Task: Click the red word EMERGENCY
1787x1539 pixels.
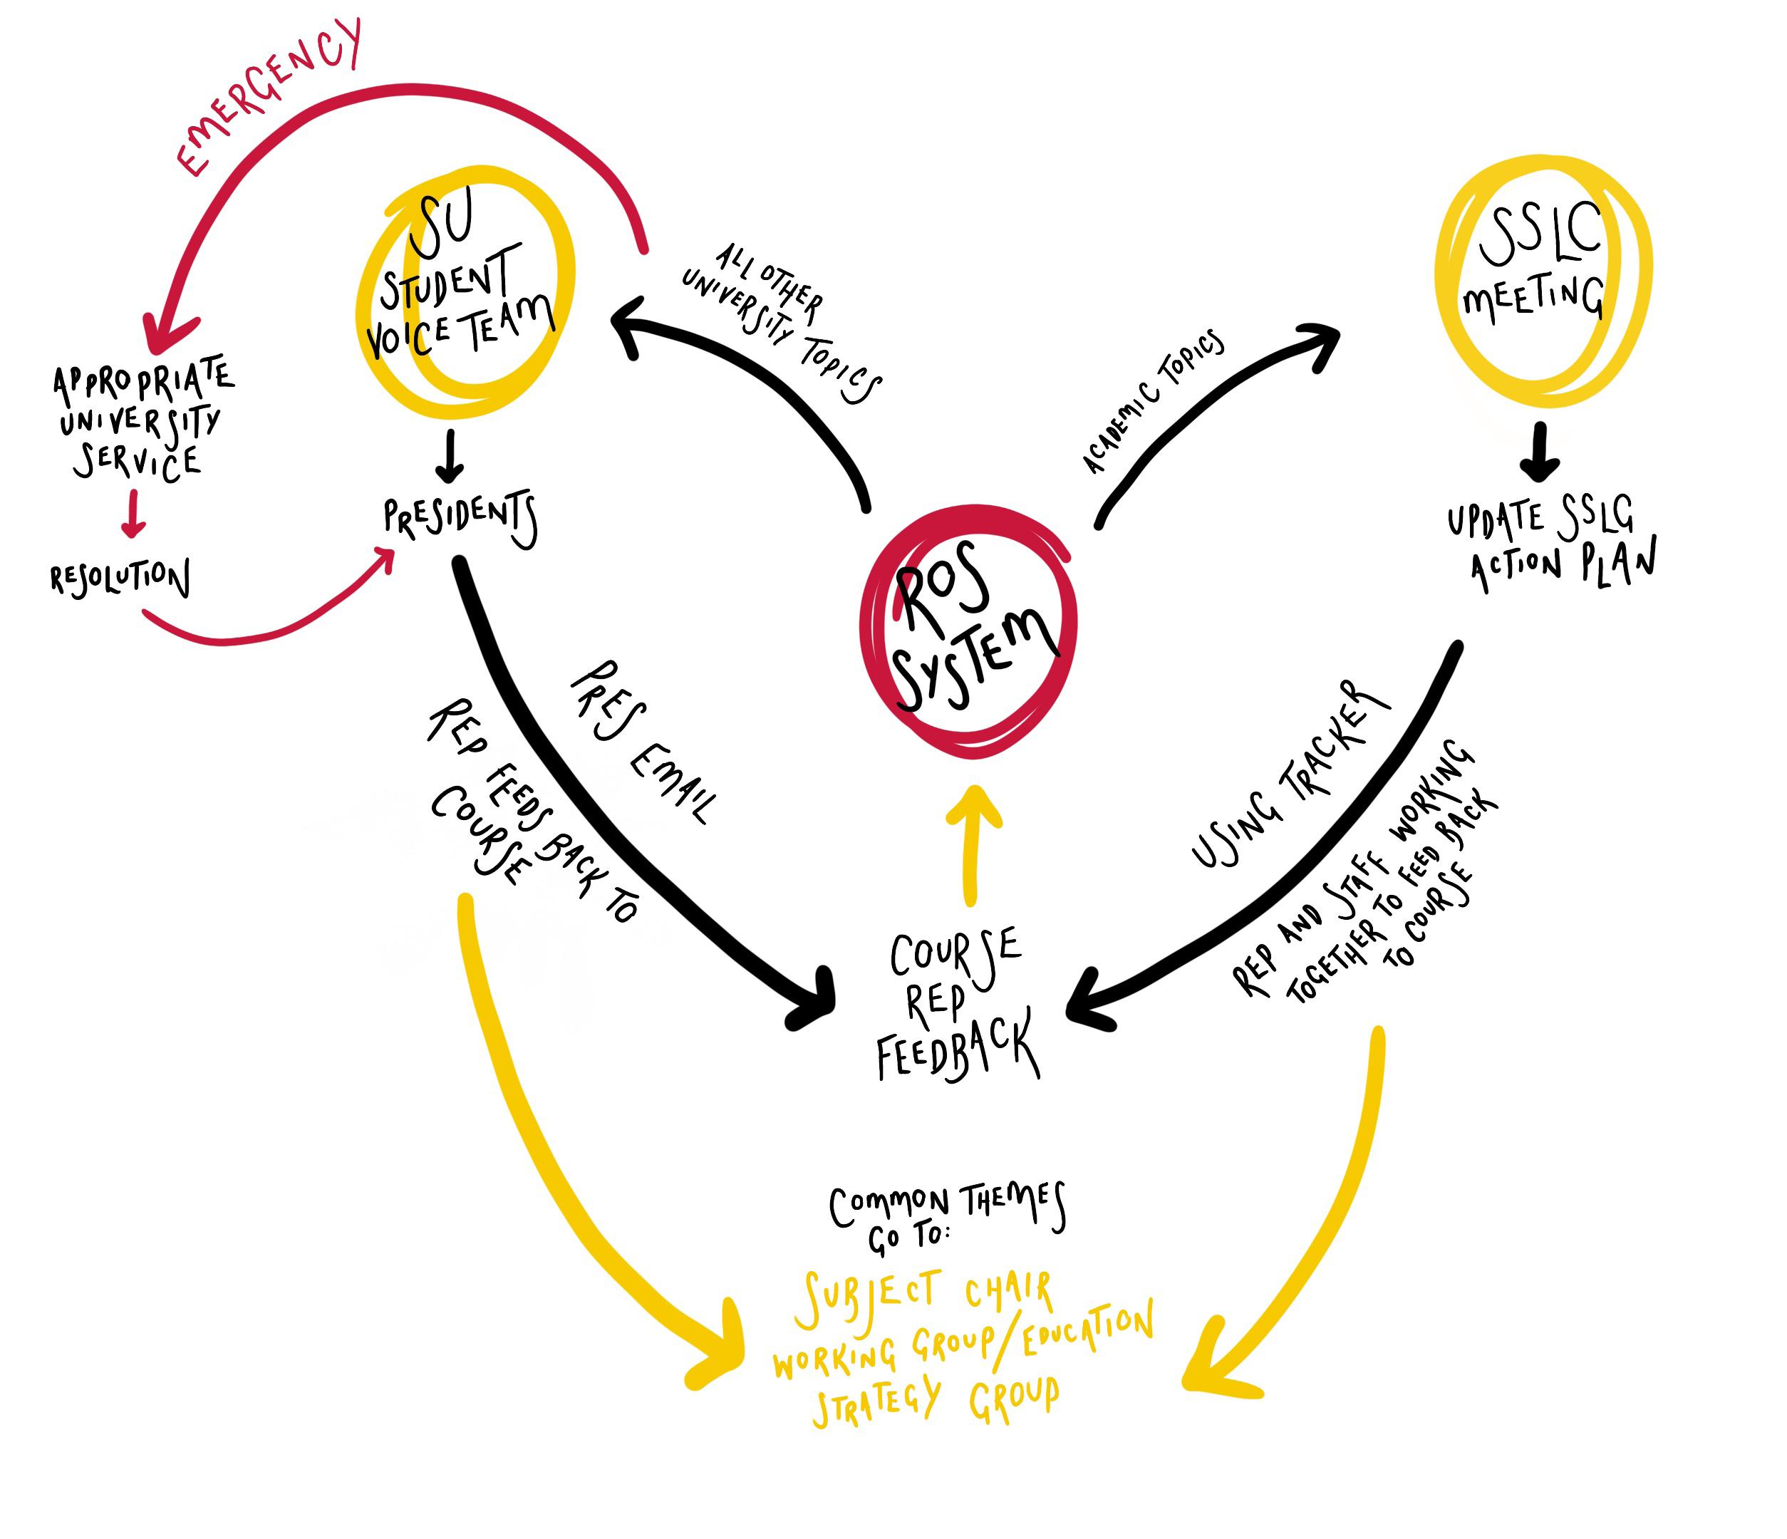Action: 269,98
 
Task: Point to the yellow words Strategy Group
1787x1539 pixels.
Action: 936,1401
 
